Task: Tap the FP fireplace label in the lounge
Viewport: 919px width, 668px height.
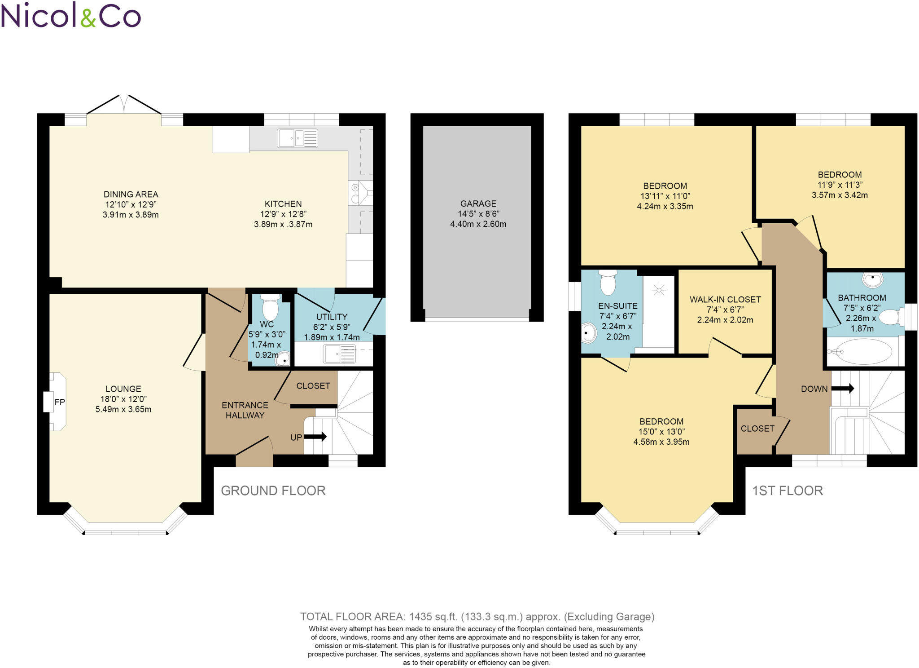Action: click(x=60, y=402)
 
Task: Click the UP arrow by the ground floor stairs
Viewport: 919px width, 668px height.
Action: click(x=315, y=437)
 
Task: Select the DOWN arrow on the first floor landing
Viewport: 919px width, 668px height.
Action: click(x=842, y=388)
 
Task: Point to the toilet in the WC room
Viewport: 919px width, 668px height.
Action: click(x=270, y=308)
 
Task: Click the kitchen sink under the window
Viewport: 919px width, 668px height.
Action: click(x=298, y=138)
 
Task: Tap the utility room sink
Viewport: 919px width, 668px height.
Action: click(x=340, y=354)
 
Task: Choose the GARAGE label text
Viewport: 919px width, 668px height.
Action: click(x=478, y=203)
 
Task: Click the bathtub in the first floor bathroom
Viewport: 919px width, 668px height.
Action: click(x=859, y=352)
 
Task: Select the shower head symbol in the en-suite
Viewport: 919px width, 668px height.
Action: click(x=659, y=290)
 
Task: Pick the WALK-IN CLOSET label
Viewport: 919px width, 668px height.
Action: click(x=725, y=299)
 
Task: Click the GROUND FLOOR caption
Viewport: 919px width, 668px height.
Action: click(x=273, y=491)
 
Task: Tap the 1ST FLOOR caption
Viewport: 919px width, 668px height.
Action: click(x=788, y=491)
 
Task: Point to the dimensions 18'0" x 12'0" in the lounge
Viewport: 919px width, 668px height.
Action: click(x=123, y=399)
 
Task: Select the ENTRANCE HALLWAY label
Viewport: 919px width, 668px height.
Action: click(x=245, y=410)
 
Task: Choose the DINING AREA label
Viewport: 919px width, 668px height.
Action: click(x=131, y=194)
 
